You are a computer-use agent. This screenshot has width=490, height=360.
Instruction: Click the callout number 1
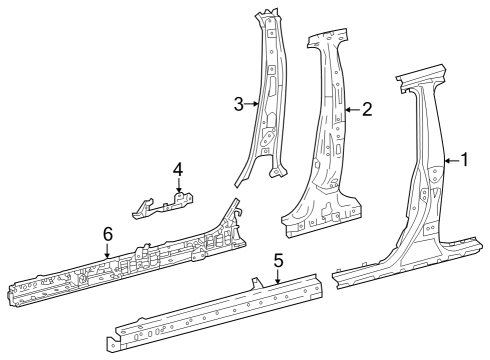[463, 159]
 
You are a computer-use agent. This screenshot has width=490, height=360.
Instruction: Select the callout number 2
[367, 109]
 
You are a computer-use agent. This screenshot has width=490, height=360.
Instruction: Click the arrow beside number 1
[449, 160]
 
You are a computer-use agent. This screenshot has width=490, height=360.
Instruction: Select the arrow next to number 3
[254, 103]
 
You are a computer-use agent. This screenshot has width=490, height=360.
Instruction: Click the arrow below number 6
[107, 251]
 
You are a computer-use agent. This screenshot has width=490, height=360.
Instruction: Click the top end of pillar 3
[268, 16]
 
